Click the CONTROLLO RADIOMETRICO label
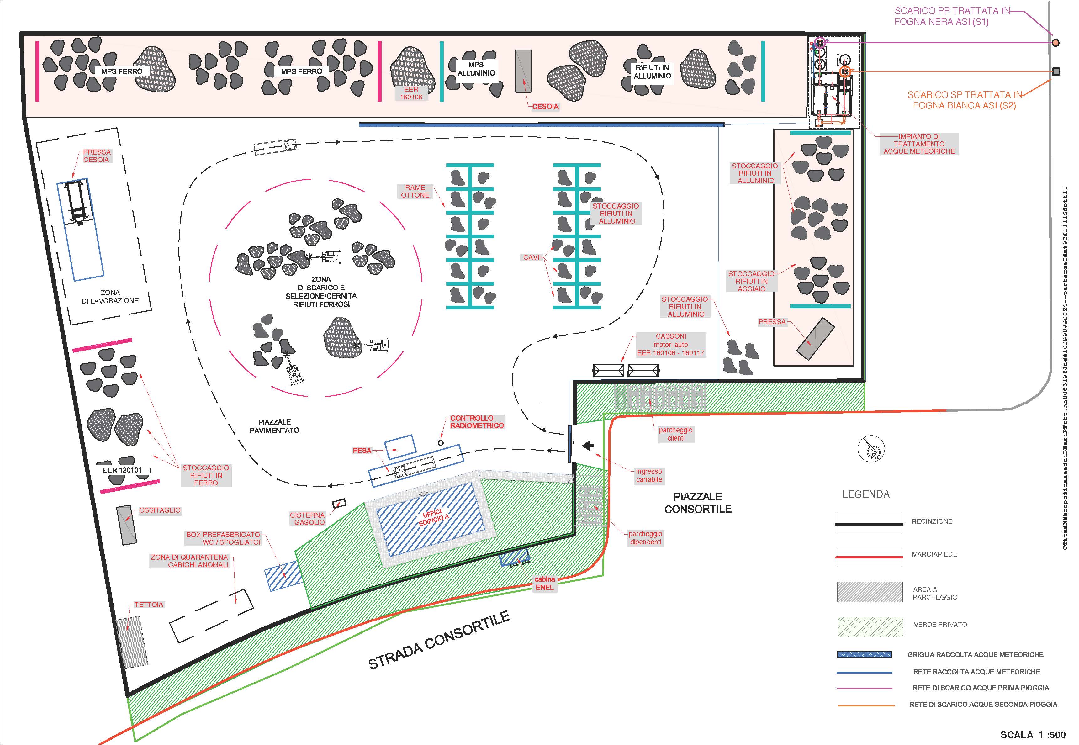coord(477,422)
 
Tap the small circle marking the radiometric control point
coord(440,442)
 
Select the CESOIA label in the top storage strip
coord(545,106)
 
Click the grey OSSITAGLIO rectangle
coord(126,525)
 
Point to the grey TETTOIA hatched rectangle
coord(132,642)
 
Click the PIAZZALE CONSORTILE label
coord(698,503)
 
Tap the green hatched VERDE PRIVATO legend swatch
coord(870,627)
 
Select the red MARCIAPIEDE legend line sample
coord(869,557)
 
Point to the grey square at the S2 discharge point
coord(1056,71)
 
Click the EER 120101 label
coord(122,470)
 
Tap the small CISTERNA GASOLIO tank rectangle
coord(339,503)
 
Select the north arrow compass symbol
coord(871,449)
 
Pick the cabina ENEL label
coord(545,583)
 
